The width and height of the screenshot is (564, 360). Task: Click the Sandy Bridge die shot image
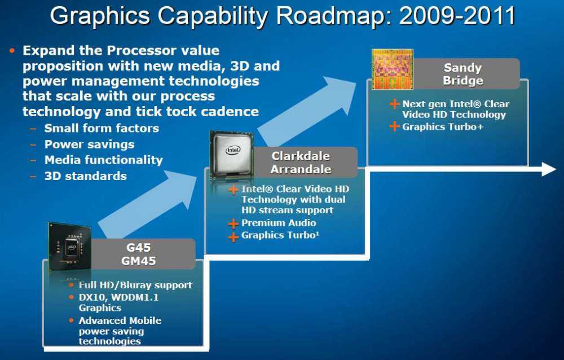click(393, 69)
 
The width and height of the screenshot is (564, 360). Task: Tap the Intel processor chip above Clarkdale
click(232, 155)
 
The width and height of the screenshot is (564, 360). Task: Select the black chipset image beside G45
click(70, 247)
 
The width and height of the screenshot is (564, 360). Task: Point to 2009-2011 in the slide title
click(457, 16)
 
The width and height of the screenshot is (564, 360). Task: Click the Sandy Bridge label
click(463, 74)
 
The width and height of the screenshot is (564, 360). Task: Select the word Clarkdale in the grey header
click(301, 156)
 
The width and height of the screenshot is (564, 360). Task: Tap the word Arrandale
click(301, 169)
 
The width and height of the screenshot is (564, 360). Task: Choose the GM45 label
click(139, 261)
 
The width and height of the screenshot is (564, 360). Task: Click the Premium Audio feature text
click(279, 223)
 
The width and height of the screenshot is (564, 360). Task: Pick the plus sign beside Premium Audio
click(233, 224)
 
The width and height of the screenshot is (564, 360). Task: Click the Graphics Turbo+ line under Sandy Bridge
click(443, 127)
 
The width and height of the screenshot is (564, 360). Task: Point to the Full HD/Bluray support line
click(135, 285)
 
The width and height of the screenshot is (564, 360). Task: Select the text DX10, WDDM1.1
click(118, 297)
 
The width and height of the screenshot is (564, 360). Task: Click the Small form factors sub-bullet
click(102, 128)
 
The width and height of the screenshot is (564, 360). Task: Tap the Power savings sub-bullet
click(90, 144)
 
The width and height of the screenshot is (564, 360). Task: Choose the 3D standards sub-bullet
click(86, 176)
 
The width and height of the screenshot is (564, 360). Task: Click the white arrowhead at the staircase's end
click(549, 169)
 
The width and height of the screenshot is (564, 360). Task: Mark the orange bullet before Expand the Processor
click(12, 50)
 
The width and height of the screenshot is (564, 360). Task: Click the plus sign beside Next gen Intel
click(395, 104)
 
